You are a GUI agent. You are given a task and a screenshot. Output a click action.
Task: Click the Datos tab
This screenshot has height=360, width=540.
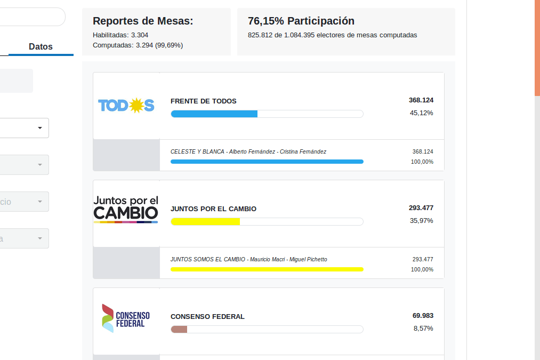click(x=41, y=46)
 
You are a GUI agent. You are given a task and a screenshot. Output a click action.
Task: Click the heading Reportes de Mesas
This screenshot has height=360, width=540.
click(x=143, y=21)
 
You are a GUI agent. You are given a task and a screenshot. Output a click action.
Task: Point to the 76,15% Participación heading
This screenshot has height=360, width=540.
click(x=301, y=21)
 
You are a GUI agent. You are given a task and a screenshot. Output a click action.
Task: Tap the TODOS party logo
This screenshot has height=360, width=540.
click(x=126, y=106)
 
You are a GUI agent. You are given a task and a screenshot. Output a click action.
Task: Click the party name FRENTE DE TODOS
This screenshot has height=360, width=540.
click(x=204, y=101)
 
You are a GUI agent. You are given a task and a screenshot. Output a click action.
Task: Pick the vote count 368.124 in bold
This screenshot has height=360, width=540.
click(x=421, y=100)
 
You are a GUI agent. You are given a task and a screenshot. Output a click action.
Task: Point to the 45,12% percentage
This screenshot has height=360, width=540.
click(x=421, y=113)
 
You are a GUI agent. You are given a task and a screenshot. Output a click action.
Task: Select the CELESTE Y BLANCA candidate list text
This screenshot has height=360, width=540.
click(x=248, y=152)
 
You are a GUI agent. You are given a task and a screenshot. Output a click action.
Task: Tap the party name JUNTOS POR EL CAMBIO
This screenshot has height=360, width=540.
click(x=213, y=209)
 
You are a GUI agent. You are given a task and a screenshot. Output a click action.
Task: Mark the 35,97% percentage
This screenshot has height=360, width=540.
click(x=421, y=221)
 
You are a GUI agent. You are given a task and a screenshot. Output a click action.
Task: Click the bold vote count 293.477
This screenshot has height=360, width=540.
click(x=421, y=208)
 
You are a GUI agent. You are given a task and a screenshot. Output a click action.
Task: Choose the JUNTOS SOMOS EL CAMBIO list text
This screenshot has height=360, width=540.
click(x=249, y=260)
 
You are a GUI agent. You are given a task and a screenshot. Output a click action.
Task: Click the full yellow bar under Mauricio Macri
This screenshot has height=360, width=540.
click(x=267, y=269)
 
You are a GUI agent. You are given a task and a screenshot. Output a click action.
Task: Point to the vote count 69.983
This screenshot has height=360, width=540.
click(x=423, y=316)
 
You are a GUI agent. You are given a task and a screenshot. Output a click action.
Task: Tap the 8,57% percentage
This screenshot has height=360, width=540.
click(x=423, y=329)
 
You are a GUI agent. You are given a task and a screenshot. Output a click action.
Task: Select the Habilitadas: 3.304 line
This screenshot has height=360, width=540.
click(x=120, y=35)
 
